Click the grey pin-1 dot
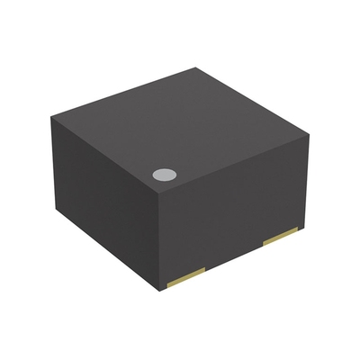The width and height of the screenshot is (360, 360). coord(164,175)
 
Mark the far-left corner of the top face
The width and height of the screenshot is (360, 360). coord(51,113)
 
